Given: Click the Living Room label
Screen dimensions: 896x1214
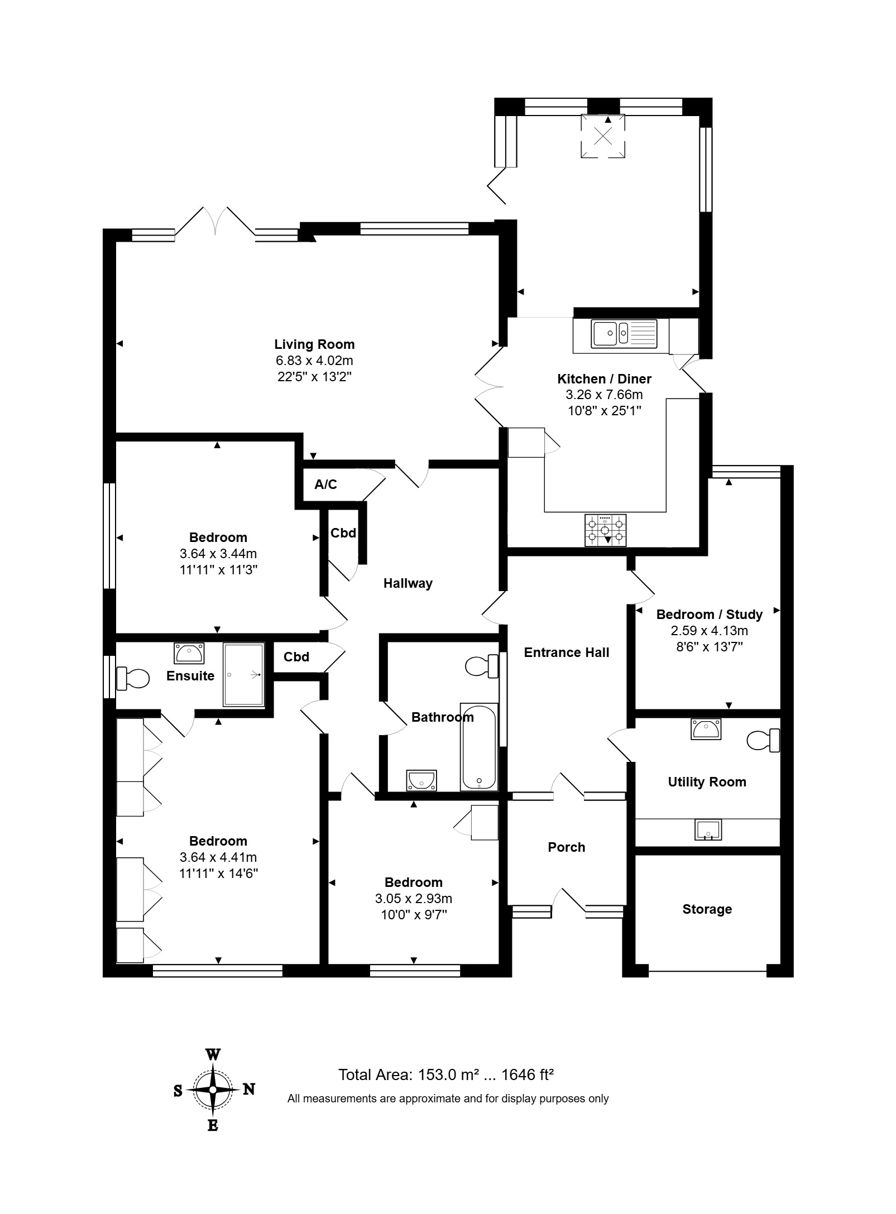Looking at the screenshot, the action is click(x=314, y=344).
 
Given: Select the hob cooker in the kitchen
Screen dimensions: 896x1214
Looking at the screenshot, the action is click(x=605, y=530).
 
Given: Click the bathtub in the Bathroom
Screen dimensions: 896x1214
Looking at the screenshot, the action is click(x=478, y=747).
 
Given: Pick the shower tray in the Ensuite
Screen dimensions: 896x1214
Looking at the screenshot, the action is click(x=244, y=675).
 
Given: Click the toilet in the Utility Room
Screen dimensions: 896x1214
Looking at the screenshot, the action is click(x=764, y=740).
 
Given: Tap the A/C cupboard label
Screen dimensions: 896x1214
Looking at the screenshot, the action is click(x=325, y=484).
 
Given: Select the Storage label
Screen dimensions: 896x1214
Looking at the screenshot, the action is click(x=707, y=909).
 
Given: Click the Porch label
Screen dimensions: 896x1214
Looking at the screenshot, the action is click(x=567, y=847).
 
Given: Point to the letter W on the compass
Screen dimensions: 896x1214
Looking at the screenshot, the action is click(x=213, y=1055).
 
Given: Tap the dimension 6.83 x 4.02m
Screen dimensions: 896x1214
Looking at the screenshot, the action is click(x=314, y=361).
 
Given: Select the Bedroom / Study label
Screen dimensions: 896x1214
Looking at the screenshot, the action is click(x=710, y=615).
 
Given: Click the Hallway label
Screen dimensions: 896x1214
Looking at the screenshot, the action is click(x=408, y=583).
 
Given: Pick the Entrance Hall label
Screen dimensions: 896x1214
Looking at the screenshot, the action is click(x=567, y=652).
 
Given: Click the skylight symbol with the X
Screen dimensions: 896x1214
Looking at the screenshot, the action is click(x=603, y=136).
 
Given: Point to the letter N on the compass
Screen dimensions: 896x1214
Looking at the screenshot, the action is click(x=249, y=1089).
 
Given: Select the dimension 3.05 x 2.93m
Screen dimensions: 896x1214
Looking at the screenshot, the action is click(x=414, y=899).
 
